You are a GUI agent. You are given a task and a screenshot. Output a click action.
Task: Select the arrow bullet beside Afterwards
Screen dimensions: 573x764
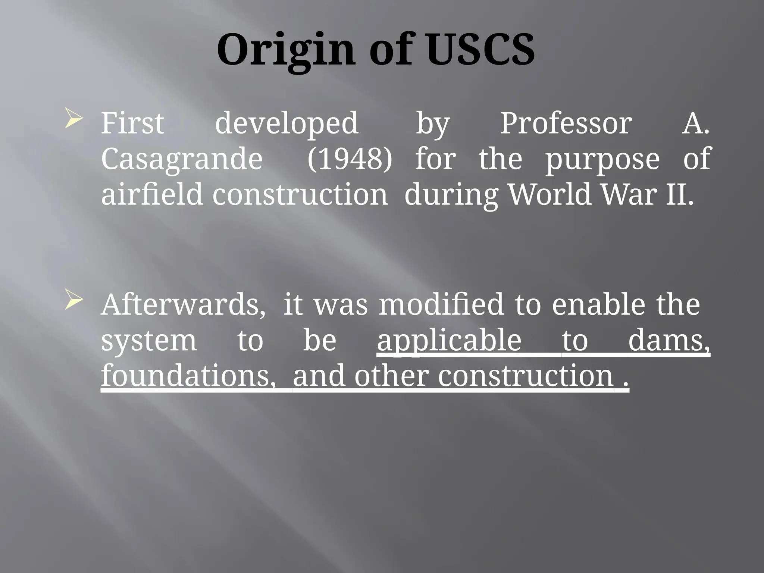tap(73, 299)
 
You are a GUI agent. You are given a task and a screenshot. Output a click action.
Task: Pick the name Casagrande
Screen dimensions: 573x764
tap(182, 159)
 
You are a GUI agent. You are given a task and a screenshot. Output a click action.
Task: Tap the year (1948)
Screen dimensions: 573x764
tap(350, 159)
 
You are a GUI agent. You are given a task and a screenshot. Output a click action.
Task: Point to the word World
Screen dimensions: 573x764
tap(550, 194)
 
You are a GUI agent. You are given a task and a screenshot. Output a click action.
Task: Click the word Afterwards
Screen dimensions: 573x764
tap(183, 305)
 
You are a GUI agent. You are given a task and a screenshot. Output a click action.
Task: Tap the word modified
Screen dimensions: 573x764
tap(441, 305)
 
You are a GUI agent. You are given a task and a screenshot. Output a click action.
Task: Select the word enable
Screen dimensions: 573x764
tap(598, 305)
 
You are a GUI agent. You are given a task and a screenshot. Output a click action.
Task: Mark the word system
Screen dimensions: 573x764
tap(149, 341)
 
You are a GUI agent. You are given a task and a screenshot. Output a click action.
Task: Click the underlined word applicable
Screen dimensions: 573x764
tap(449, 341)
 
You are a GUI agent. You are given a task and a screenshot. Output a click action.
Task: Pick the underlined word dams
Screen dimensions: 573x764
tap(669, 341)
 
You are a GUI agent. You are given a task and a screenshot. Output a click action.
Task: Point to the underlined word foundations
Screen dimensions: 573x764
tap(188, 376)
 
